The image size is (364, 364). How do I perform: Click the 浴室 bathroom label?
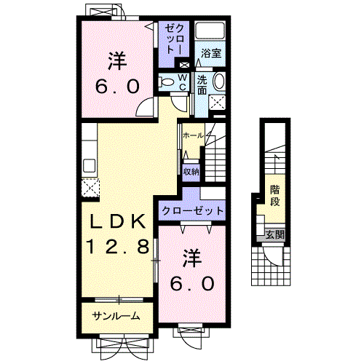pos(213,53)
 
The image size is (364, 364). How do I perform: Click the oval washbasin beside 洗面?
pos(220,82)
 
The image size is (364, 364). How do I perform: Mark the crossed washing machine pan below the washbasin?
pos(217,102)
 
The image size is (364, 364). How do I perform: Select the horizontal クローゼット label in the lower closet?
pos(192,209)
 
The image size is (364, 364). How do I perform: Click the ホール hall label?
pos(192,136)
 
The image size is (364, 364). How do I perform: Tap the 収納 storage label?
pos(191,172)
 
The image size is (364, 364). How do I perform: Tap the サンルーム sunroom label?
pos(116,316)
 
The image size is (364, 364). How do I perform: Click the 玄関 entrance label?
pos(274,234)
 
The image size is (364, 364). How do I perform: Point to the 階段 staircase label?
pos(275,195)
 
